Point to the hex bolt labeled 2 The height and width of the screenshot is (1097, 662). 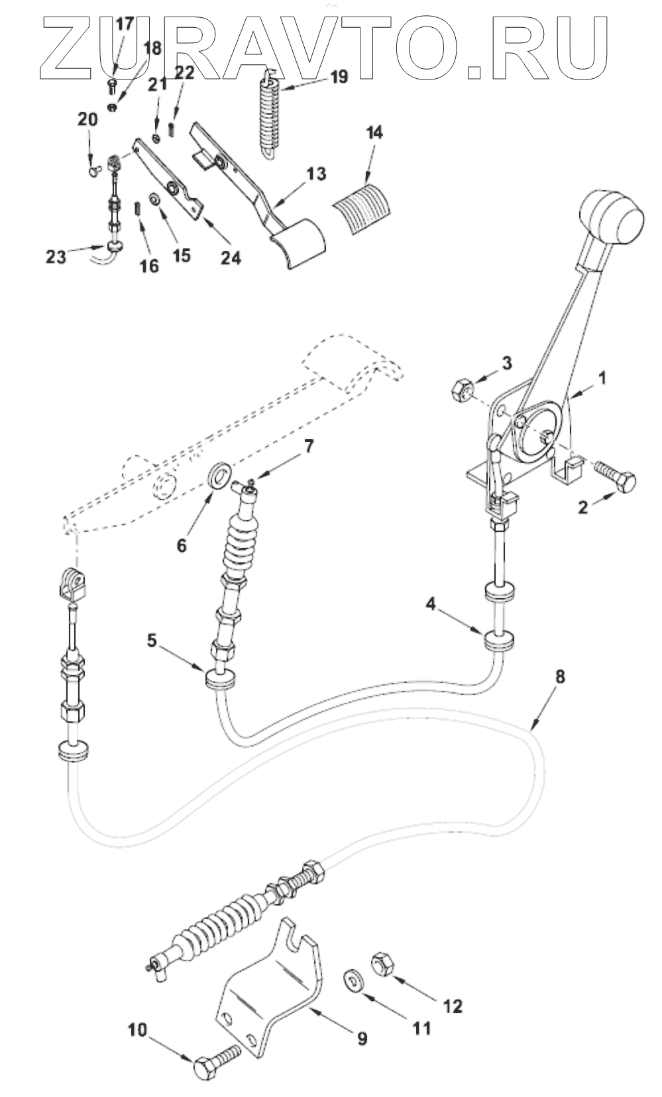pyautogui.click(x=616, y=477)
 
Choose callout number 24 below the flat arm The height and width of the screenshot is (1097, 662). pyautogui.click(x=231, y=258)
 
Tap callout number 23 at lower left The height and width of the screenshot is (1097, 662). pyautogui.click(x=56, y=256)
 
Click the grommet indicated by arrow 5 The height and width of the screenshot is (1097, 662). pyautogui.click(x=219, y=681)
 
